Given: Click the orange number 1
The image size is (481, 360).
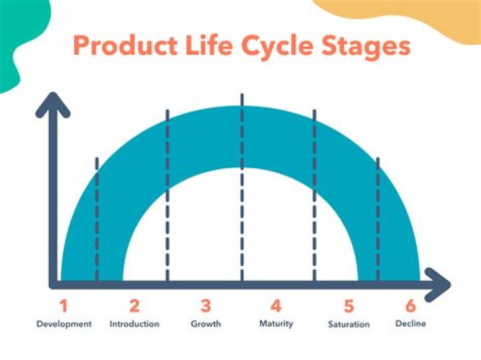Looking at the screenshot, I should point(63,307).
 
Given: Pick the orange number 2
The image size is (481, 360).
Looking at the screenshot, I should point(134,307).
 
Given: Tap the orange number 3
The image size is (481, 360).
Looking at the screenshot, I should point(206,307).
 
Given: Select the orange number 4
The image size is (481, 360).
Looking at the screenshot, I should point(276,307).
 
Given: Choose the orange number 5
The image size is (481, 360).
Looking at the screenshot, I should point(348,307).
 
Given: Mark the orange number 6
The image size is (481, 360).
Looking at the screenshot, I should point(410,307).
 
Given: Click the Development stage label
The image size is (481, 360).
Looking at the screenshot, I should point(63,324).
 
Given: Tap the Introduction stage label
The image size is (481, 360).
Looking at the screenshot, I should point(134,324).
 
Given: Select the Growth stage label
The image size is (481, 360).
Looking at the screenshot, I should point(206,324).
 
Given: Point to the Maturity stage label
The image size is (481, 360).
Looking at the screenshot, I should point(276,324).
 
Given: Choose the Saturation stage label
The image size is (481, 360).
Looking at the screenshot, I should point(348,325).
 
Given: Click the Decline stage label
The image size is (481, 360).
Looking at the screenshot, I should point(410,324).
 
